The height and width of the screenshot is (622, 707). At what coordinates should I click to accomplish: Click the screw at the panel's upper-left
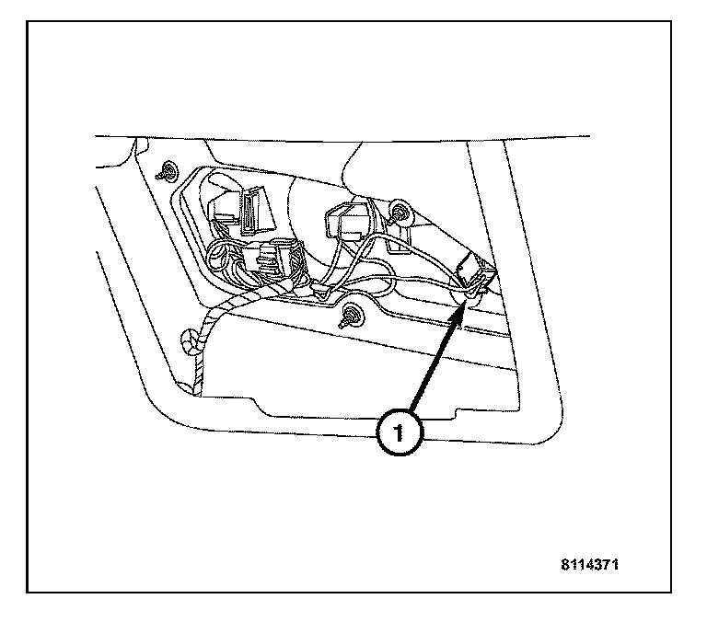[168, 171]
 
